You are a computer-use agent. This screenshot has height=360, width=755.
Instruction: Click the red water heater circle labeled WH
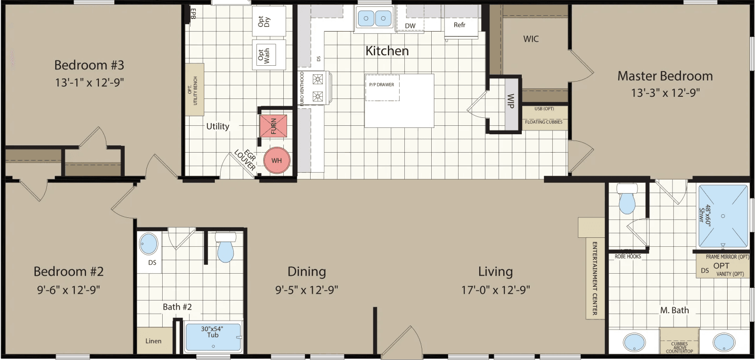tap(277, 160)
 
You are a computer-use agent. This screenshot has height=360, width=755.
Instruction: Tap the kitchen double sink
tap(375, 19)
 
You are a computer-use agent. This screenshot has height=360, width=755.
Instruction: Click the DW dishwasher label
tap(410, 25)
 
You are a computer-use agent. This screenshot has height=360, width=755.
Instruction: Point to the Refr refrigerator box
tap(459, 24)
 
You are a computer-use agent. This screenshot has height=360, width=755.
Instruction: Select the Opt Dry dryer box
tap(269, 21)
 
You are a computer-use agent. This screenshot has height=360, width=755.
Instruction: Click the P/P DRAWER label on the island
tap(382, 84)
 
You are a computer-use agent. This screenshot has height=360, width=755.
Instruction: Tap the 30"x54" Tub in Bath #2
tap(213, 337)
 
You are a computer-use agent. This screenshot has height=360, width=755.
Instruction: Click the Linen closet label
tap(153, 341)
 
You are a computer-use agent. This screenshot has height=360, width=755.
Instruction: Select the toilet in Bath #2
tap(225, 248)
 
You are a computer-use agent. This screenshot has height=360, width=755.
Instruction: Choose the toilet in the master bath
tap(627, 199)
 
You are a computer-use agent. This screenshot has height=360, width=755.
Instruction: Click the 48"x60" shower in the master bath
tap(723, 216)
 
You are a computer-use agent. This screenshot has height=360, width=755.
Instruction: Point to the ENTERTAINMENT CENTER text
tap(594, 279)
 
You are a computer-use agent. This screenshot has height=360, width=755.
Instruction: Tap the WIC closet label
tap(531, 39)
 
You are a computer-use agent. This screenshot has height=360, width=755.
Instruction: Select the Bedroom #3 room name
tap(89, 65)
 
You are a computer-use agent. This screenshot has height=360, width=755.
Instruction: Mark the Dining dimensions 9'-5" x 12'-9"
tap(306, 289)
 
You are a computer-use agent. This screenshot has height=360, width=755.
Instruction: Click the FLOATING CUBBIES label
tap(543, 122)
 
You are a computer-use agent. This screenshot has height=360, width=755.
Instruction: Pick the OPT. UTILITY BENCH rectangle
tap(194, 89)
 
